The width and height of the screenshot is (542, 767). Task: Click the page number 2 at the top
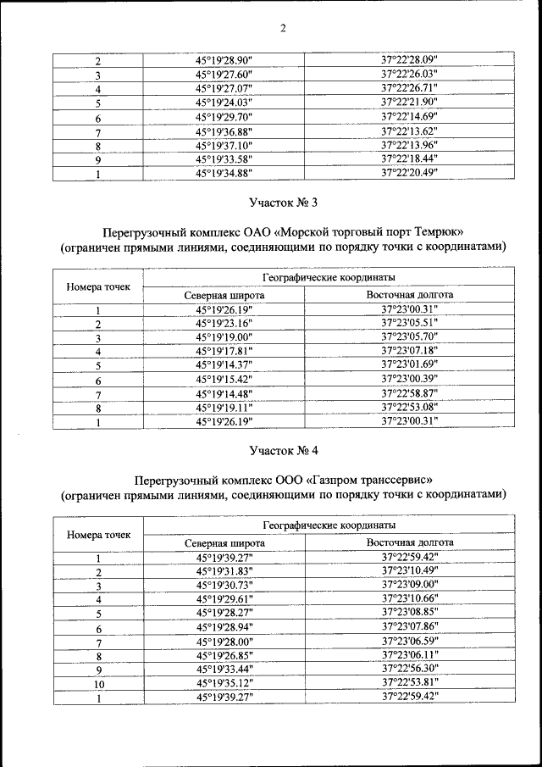[x=283, y=28]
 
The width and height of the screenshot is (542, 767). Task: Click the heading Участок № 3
[x=283, y=203]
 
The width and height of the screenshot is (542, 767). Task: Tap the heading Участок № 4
[x=283, y=449]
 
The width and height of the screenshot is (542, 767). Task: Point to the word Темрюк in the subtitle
[x=444, y=231]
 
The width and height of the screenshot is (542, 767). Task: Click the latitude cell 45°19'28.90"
[x=224, y=62]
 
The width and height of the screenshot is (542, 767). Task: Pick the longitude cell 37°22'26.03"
[x=409, y=75]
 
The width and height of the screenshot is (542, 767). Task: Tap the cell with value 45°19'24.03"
[x=224, y=103]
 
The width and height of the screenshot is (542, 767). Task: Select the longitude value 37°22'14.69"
[x=409, y=117]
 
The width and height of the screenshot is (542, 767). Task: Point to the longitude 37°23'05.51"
[x=409, y=323]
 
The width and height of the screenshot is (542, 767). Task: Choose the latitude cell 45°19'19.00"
[x=224, y=336]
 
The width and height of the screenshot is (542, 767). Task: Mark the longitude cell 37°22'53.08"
[x=409, y=406]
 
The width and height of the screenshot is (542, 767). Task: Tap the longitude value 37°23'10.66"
[x=409, y=598]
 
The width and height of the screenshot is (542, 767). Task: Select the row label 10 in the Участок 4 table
[x=98, y=682]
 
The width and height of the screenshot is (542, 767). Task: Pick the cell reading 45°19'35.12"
[x=224, y=682]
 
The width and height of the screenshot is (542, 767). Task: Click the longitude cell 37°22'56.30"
[x=409, y=668]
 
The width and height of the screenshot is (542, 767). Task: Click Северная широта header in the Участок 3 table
[x=224, y=295]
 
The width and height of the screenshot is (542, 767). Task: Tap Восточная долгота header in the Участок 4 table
[x=409, y=542]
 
